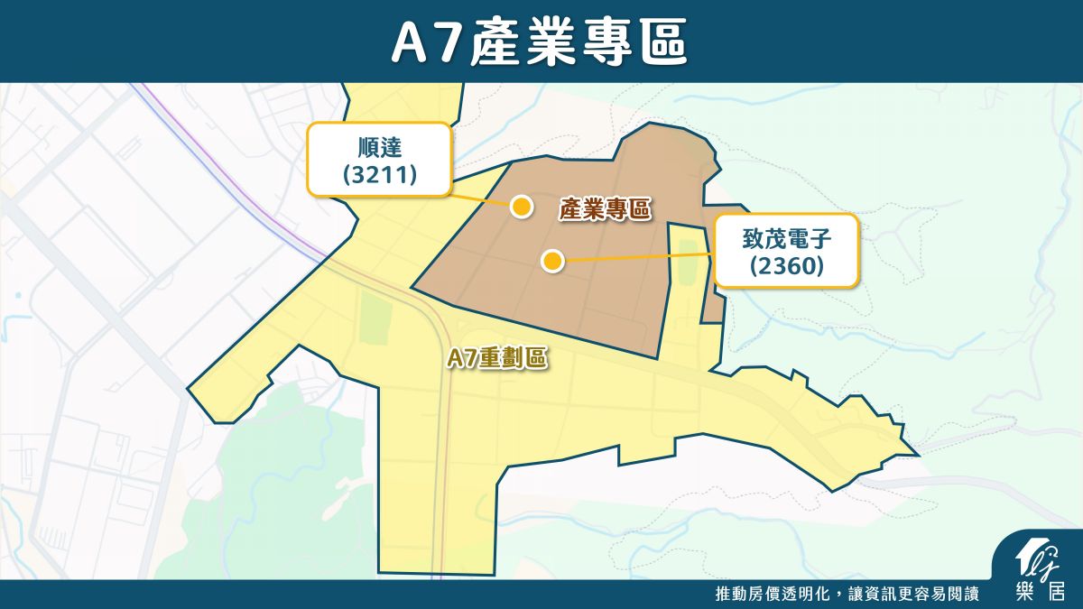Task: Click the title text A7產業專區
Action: (541, 42)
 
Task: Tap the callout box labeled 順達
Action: (379, 160)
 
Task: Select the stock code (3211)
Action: (380, 174)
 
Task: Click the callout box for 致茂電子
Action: (786, 252)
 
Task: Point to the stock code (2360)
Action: (786, 266)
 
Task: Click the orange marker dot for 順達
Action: (521, 207)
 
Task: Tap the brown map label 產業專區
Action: (605, 209)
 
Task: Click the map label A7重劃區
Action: (497, 358)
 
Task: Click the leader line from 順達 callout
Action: (478, 199)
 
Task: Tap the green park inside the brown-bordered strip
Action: (689, 261)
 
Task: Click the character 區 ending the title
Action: (667, 42)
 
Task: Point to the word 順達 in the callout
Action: (380, 146)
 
